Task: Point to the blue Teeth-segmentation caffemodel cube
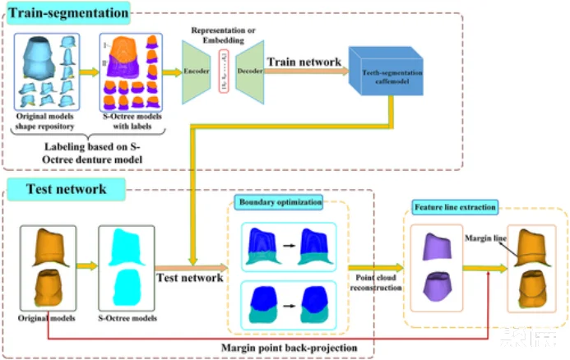382,76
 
